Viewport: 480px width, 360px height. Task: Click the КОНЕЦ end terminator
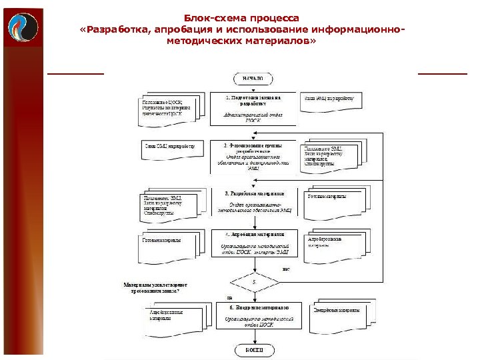click(x=253, y=349)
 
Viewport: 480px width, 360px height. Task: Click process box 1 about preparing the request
click(x=253, y=108)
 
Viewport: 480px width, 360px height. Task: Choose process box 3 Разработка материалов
click(x=253, y=202)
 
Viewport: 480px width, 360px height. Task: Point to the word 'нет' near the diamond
click(x=286, y=270)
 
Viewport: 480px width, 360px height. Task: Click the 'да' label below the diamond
click(x=230, y=298)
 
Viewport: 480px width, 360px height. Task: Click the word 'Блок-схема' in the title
click(x=215, y=17)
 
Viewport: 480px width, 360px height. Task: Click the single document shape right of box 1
click(x=331, y=101)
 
